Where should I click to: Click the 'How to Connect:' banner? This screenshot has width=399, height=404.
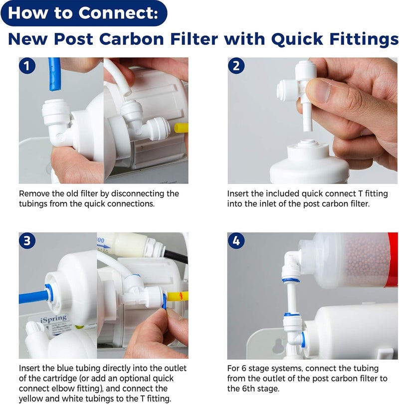83,12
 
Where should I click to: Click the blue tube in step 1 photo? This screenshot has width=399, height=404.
53,75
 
